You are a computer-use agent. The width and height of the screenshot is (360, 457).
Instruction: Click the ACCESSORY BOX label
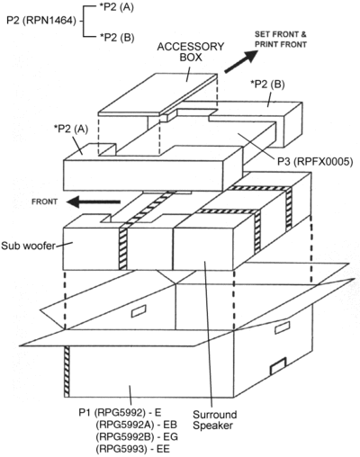tap(191, 51)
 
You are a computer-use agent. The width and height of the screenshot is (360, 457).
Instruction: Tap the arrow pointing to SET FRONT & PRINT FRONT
tap(241, 61)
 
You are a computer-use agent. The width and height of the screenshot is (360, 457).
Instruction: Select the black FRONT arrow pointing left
tap(94, 202)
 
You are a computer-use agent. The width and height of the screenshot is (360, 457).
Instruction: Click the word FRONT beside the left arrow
tap(44, 202)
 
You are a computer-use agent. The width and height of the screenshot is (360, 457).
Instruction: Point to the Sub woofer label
tap(29, 246)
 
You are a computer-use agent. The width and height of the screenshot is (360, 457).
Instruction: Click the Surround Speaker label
tap(214, 420)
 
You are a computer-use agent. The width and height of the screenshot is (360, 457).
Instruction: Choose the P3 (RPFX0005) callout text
tap(315, 162)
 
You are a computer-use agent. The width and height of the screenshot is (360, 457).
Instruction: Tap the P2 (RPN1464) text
tap(41, 21)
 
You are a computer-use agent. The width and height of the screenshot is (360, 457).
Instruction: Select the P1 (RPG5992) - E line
tap(120, 413)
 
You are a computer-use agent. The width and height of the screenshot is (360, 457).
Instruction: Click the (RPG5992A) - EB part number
tap(136, 425)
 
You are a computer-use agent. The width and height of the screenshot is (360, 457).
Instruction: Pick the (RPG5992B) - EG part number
tap(137, 436)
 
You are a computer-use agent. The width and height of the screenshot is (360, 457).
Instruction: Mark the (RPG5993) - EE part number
tap(132, 449)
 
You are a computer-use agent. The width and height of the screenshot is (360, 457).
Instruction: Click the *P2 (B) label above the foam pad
tap(267, 85)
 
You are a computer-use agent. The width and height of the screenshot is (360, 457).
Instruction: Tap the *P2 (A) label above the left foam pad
tap(71, 129)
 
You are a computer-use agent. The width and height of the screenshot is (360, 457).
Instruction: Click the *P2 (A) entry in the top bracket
tap(116, 7)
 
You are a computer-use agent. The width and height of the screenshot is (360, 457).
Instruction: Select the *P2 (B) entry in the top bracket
tap(117, 38)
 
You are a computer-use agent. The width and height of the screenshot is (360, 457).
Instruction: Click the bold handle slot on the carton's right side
tap(278, 366)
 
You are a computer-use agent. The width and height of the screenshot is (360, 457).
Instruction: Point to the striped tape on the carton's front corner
tap(67, 372)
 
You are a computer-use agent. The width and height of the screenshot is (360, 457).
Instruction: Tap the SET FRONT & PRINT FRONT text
tap(281, 40)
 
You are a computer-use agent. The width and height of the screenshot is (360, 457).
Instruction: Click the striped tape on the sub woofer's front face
tap(123, 249)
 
